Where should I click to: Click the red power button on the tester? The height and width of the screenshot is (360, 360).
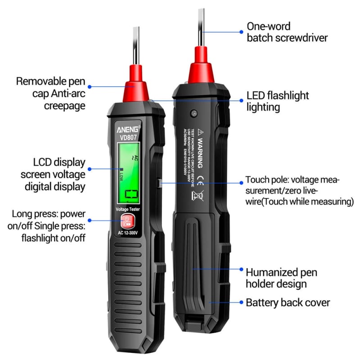coord(127,221)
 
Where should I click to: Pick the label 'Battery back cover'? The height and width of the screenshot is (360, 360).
coord(288,302)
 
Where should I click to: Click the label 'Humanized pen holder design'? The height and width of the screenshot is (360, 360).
coord(281,278)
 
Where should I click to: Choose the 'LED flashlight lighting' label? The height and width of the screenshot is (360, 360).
coord(278,101)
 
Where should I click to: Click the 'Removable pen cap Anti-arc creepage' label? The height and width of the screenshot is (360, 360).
coord(50,93)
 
